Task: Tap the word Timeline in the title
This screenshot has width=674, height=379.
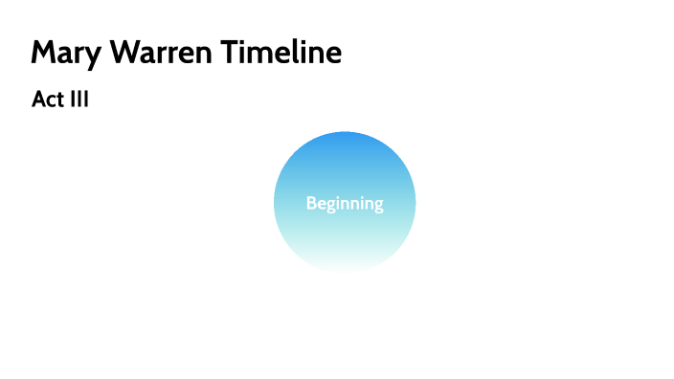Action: [282, 53]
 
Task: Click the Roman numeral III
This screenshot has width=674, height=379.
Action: [78, 100]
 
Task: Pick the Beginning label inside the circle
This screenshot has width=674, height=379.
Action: [345, 204]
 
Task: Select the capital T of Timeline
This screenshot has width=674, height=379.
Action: [233, 53]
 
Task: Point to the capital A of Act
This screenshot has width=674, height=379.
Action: [38, 100]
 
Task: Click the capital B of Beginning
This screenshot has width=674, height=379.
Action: [311, 203]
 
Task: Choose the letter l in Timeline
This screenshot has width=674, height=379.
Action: [291, 52]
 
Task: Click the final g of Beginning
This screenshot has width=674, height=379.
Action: [378, 206]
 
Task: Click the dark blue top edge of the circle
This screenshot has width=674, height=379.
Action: [345, 134]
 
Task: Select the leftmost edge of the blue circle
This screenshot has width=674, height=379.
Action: [275, 203]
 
